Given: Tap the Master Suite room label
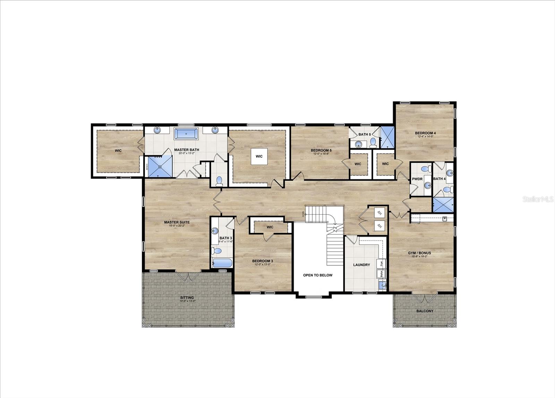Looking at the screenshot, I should click(x=177, y=222).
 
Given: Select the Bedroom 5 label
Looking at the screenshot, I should click(x=321, y=150).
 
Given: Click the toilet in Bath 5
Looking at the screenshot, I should click(x=373, y=141).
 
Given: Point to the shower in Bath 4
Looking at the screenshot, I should click(x=443, y=205).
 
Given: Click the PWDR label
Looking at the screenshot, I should click(x=417, y=179).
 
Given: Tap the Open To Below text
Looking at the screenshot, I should click(x=317, y=275).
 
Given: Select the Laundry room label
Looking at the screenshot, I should click(x=361, y=265).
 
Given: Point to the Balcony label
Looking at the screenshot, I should click(x=425, y=311).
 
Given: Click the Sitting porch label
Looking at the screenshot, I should click(x=187, y=298).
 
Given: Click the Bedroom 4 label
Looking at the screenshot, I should click(x=425, y=133).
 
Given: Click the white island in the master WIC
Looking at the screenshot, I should click(x=259, y=156).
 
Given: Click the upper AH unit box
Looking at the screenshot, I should click(x=379, y=213).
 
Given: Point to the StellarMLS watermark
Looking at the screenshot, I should click(x=539, y=200).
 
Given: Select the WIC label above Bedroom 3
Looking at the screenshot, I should click(x=270, y=227).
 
